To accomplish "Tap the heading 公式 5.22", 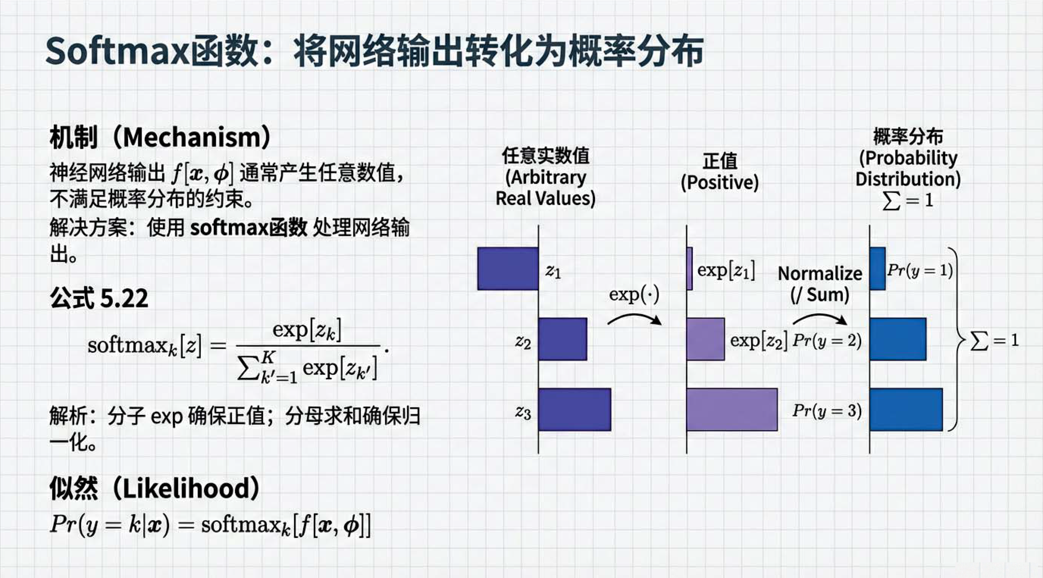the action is [x=99, y=298].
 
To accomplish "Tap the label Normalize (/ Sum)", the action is [x=820, y=284].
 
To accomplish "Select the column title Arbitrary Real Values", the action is [x=546, y=188].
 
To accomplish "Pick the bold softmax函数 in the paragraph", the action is [x=249, y=228].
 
